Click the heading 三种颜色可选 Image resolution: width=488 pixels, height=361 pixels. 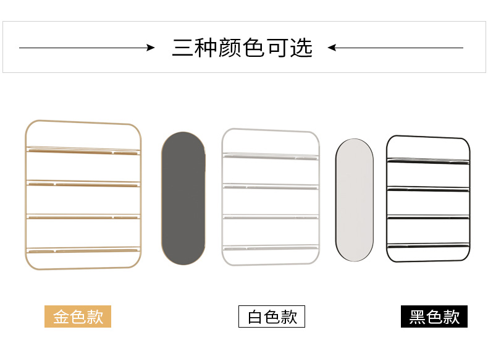(x=242, y=48)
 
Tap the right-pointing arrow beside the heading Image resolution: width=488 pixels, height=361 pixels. (x=86, y=48)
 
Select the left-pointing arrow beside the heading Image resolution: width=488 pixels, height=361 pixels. (x=395, y=48)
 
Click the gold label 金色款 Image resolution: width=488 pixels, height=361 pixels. (x=78, y=317)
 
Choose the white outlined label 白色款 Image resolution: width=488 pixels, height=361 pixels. (x=272, y=317)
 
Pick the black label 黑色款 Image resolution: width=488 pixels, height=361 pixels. (x=434, y=317)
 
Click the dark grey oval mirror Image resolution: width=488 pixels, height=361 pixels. (x=183, y=198)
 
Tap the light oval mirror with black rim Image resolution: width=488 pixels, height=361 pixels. (x=355, y=200)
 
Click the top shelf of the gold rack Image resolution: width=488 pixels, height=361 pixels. (x=83, y=150)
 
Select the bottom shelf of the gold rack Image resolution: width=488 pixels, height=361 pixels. (x=83, y=250)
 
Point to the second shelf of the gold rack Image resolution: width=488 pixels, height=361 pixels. (x=83, y=183)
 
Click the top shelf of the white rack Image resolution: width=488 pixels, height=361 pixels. (x=271, y=156)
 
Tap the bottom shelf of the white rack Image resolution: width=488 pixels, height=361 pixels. (x=271, y=248)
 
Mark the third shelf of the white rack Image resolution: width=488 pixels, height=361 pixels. (x=271, y=216)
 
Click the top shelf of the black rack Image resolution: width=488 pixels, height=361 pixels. (x=427, y=161)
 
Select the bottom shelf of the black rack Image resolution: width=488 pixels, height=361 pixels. (x=427, y=245)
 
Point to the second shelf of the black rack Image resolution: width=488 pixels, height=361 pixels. (x=427, y=189)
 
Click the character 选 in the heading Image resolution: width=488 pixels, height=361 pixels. (x=301, y=48)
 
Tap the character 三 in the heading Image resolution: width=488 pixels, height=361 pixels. (x=183, y=48)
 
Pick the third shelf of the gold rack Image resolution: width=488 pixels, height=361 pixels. (x=83, y=216)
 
